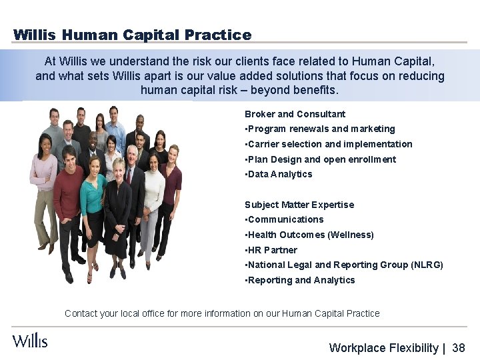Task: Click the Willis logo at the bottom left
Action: click(x=30, y=340)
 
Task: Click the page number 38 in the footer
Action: click(x=458, y=348)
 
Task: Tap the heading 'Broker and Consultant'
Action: click(x=295, y=114)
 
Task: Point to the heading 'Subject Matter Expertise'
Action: click(x=299, y=205)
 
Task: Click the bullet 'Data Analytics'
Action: click(x=279, y=174)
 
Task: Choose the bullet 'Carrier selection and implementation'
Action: click(x=329, y=144)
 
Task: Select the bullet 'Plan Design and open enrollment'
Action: click(x=321, y=159)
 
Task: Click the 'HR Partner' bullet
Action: click(x=272, y=250)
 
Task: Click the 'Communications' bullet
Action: click(x=285, y=219)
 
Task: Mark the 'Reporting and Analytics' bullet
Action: click(x=301, y=280)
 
